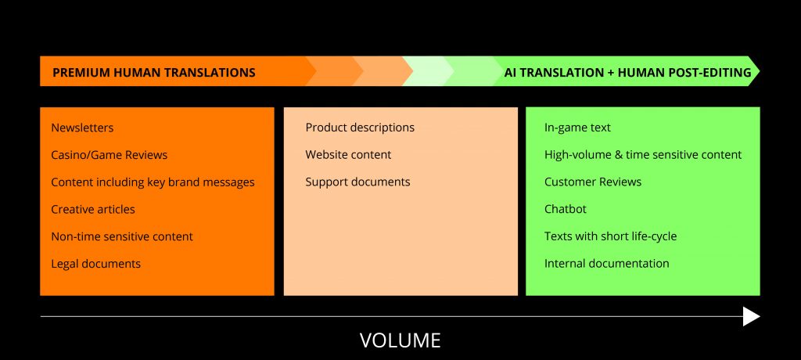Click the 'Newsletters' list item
82,128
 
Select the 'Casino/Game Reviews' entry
110,154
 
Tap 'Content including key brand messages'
153,182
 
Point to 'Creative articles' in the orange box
93,209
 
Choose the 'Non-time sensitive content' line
122,236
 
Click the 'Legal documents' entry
95,264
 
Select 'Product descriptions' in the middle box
360,128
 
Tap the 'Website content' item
348,154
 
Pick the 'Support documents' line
357,182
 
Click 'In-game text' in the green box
577,128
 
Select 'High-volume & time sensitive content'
643,154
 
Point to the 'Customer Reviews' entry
593,182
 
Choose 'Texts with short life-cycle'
610,236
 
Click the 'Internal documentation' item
607,264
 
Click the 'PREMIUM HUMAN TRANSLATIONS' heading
154,73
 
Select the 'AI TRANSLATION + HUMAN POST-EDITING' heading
628,73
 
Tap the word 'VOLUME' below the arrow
400,340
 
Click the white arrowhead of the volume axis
752,316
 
